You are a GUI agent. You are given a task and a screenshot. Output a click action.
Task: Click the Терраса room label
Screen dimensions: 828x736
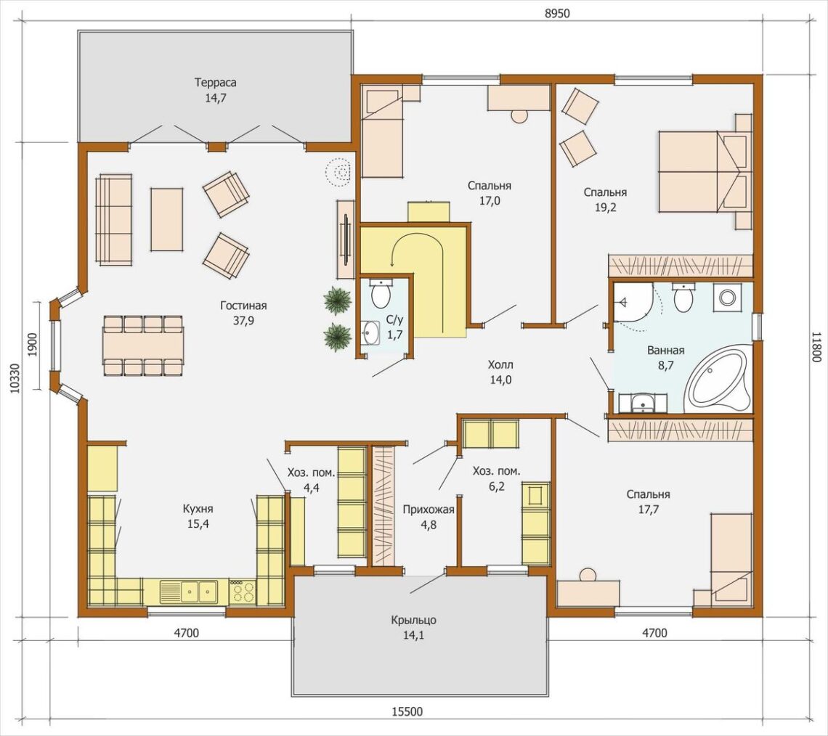(x=216, y=83)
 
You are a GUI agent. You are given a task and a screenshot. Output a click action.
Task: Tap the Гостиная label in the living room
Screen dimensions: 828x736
(x=243, y=306)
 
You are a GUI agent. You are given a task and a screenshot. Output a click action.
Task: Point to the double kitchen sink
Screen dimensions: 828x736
(x=190, y=592)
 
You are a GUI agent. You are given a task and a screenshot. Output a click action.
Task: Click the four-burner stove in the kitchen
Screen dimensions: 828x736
(x=243, y=592)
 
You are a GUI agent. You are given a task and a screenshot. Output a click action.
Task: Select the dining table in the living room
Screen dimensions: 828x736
(x=144, y=345)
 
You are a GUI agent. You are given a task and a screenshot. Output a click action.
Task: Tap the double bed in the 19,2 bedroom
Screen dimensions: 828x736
(x=705, y=172)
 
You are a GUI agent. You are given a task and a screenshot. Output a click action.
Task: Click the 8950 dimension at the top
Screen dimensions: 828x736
(x=558, y=14)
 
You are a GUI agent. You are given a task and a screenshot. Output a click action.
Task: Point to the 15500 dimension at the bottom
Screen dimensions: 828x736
(x=407, y=712)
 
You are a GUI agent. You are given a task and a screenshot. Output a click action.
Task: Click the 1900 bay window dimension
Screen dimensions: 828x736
(x=32, y=345)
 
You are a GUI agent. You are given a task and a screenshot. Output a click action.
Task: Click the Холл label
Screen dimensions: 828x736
(x=500, y=364)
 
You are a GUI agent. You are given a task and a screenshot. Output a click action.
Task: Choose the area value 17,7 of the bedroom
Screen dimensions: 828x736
(x=649, y=510)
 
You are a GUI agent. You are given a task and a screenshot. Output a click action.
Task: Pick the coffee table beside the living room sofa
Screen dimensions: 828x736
(x=167, y=219)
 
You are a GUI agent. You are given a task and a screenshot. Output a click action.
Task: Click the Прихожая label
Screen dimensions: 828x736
(x=429, y=510)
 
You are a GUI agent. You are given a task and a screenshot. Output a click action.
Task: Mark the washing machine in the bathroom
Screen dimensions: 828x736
(x=727, y=297)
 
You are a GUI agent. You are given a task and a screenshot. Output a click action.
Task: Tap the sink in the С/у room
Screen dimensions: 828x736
(x=371, y=332)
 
